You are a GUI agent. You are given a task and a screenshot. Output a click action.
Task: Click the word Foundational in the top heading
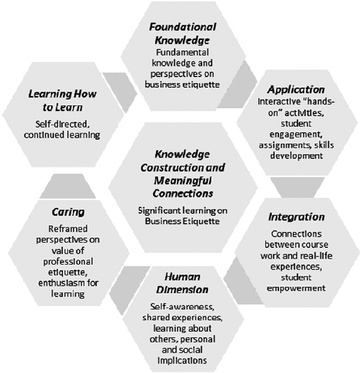(x=183, y=27)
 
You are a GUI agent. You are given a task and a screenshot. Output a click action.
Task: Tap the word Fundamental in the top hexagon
(x=182, y=52)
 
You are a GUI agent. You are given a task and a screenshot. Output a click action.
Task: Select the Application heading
(x=296, y=90)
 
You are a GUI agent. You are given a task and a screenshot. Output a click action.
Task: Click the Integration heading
(x=296, y=217)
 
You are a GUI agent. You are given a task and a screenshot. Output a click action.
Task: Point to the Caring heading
(x=68, y=212)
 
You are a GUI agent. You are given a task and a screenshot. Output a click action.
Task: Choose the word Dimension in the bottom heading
(x=182, y=290)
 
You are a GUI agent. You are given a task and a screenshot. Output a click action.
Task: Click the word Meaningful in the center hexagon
(x=183, y=181)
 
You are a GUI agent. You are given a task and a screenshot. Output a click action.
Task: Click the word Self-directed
(x=63, y=124)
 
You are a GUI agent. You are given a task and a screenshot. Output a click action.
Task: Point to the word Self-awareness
(x=182, y=306)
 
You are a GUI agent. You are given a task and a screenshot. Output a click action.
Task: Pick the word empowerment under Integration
(x=296, y=288)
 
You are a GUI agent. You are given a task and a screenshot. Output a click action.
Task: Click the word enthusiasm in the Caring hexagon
(x=60, y=283)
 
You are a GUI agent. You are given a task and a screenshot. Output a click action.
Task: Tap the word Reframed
(x=68, y=229)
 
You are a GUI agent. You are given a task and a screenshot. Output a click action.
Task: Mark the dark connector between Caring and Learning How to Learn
(x=68, y=186)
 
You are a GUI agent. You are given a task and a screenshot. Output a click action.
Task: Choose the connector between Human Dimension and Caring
(x=129, y=290)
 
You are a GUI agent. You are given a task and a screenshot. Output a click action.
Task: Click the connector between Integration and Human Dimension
(x=243, y=281)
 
